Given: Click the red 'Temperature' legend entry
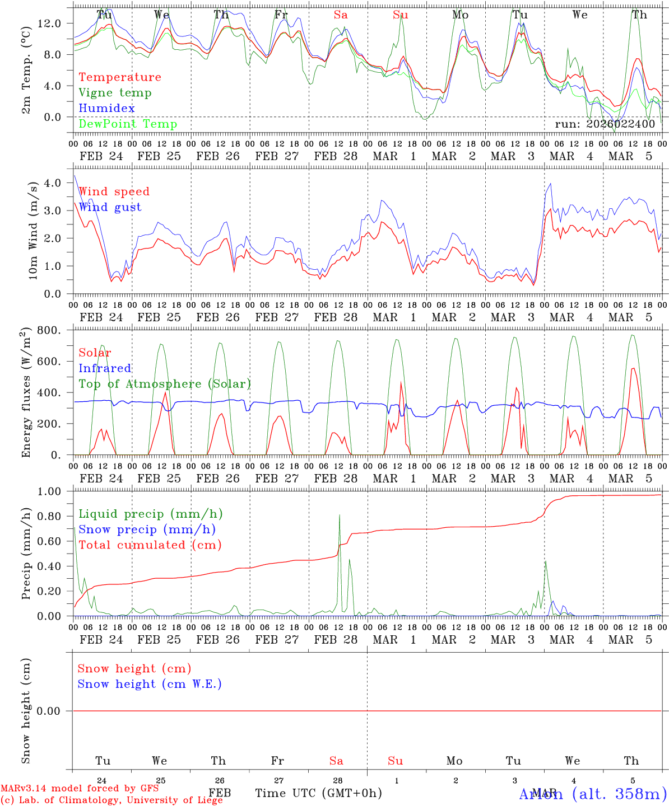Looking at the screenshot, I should tap(119, 77).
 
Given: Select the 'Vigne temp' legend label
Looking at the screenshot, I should tap(115, 93).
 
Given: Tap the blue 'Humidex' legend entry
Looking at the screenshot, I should tap(106, 109).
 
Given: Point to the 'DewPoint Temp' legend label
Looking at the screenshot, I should tap(128, 124).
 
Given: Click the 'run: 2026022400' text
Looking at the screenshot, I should tap(605, 124).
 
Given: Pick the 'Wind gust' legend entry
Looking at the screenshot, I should tap(110, 207).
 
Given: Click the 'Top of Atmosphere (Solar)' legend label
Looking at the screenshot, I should tap(164, 384).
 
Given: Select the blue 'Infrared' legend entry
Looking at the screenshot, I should tap(105, 368).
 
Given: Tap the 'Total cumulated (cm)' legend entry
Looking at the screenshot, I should tap(150, 545).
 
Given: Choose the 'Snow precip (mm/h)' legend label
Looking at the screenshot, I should tap(147, 529).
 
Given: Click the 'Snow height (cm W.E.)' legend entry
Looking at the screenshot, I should tap(150, 684).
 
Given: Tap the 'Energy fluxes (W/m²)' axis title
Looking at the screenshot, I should tap(26, 393).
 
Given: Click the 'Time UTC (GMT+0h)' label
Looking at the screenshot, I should tap(318, 793).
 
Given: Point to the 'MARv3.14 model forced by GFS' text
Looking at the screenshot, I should tap(80, 789).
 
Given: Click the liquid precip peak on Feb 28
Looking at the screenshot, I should tap(340, 515).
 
